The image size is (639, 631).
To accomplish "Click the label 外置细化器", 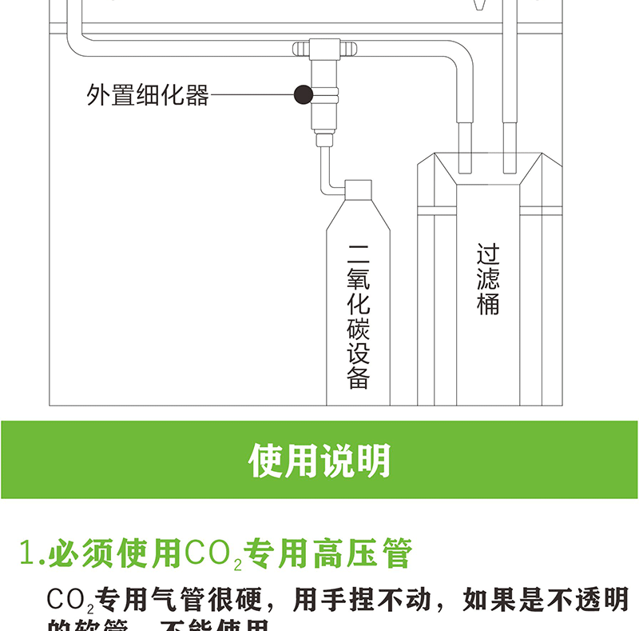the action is click(x=148, y=95).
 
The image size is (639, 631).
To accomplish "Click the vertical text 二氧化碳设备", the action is click(x=359, y=315).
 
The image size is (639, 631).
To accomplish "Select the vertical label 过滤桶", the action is click(x=488, y=279).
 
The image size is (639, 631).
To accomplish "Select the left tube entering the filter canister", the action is click(x=463, y=144).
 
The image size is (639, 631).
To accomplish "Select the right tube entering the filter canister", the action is click(x=506, y=144).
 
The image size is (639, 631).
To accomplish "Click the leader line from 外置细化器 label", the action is click(x=252, y=95).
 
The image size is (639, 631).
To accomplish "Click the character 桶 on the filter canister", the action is click(x=488, y=305).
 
